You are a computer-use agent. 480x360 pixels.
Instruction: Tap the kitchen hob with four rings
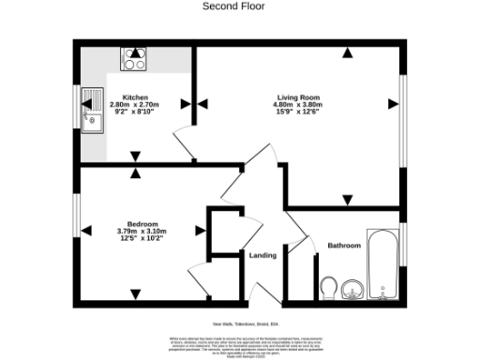tap(132, 58)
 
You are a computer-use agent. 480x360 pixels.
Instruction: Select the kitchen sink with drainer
tap(93, 110)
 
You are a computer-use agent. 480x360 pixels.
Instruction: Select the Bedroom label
tap(142, 223)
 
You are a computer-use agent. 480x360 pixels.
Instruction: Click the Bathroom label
tap(343, 246)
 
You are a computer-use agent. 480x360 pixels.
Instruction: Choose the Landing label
tap(262, 255)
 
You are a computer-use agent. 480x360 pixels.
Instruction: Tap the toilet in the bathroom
tap(328, 287)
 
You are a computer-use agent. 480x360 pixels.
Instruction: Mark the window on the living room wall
tap(404, 103)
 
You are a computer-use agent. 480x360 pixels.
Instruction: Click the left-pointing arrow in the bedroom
tap(87, 231)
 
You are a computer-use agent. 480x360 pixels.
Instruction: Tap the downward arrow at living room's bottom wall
tap(347, 200)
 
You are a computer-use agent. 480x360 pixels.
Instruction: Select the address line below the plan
tap(239, 321)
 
